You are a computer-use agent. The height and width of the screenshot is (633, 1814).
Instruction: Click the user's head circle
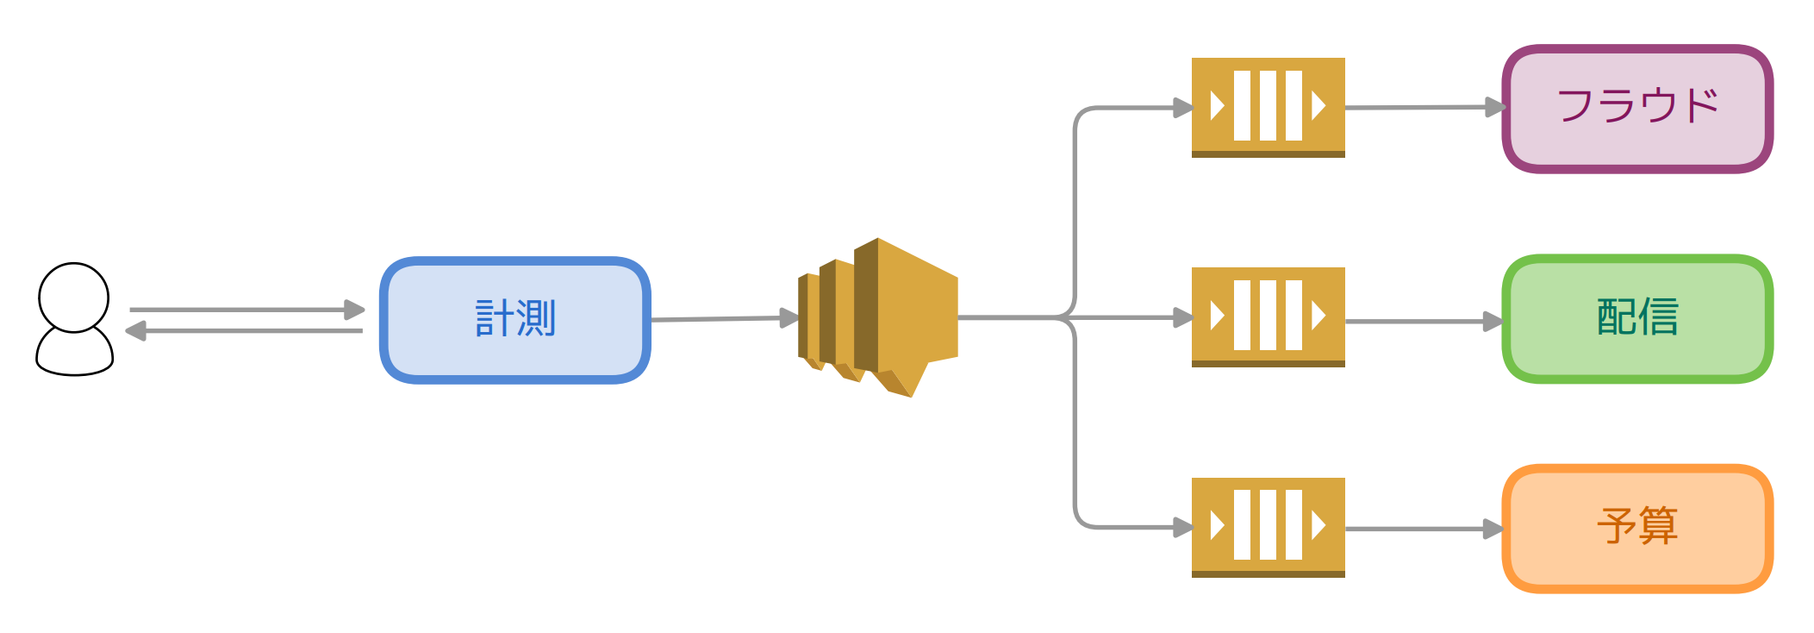click(73, 297)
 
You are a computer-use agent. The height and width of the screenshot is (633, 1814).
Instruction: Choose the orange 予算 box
click(1636, 561)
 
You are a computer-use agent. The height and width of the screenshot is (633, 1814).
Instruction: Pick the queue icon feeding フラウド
click(1268, 107)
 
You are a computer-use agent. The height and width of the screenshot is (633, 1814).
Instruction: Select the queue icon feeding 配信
click(1268, 316)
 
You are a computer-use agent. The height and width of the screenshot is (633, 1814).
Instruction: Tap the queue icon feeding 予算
click(1268, 527)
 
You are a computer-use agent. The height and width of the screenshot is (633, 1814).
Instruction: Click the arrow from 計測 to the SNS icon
click(715, 318)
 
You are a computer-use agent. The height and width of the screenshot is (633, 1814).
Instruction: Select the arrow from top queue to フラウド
click(1422, 108)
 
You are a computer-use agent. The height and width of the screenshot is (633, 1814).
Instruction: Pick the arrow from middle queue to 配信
click(1422, 322)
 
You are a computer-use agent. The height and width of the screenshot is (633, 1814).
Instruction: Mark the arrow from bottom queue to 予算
click(1422, 529)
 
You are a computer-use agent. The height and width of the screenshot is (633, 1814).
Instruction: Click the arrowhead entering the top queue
click(1182, 108)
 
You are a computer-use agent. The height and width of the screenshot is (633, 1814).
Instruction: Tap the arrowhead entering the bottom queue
click(1182, 527)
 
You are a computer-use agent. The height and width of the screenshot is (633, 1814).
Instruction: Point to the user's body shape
click(74, 354)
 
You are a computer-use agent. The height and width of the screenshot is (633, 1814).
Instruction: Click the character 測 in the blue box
click(537, 318)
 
